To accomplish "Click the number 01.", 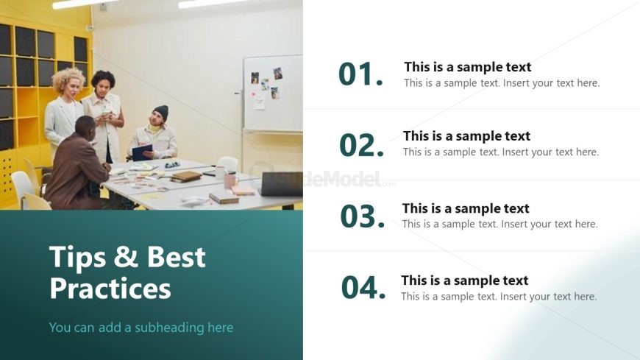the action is (x=360, y=74).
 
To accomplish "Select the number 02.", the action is (x=362, y=145).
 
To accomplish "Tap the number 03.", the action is (x=363, y=216).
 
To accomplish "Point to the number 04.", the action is (x=363, y=287).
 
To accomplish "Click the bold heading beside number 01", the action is (x=468, y=66).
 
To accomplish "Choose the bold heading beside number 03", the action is (x=466, y=208).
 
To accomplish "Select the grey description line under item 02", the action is (x=501, y=152).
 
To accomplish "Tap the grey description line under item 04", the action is (x=499, y=296).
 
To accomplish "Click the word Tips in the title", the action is (x=77, y=258).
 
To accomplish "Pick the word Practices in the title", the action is (x=110, y=288).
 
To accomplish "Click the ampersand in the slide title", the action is (x=126, y=256).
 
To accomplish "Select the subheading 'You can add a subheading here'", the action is (x=141, y=328).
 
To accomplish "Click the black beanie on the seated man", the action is (x=161, y=113).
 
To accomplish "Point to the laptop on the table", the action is (x=281, y=183).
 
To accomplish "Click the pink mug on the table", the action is (x=230, y=180).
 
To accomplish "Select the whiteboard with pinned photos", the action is (x=273, y=93).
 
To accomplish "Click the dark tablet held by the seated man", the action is (x=142, y=152).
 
